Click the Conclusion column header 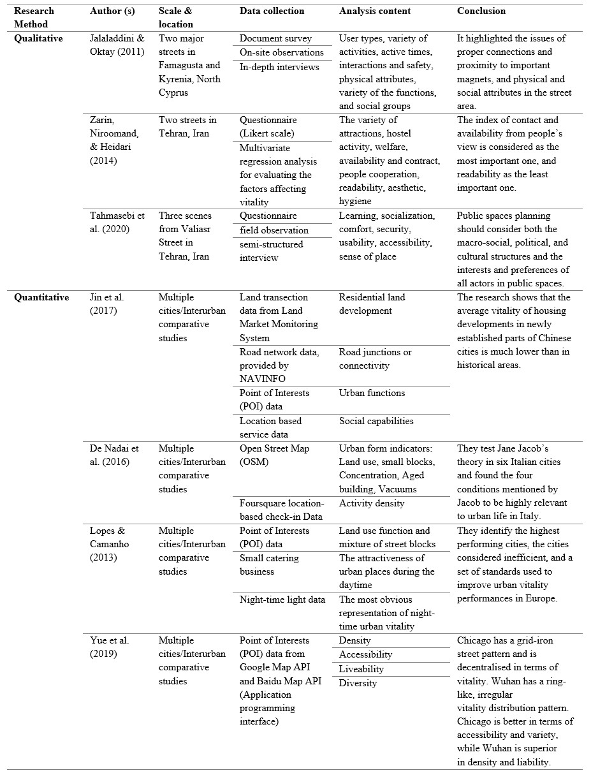[481, 11]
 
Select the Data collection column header [272, 11]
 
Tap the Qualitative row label [39, 38]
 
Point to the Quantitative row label [41, 297]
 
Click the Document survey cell [275, 38]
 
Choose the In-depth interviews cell [279, 66]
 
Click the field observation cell [274, 230]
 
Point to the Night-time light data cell [282, 600]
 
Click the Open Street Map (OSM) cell [274, 455]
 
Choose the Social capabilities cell [376, 421]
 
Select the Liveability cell [361, 669]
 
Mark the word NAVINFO [263, 379]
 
